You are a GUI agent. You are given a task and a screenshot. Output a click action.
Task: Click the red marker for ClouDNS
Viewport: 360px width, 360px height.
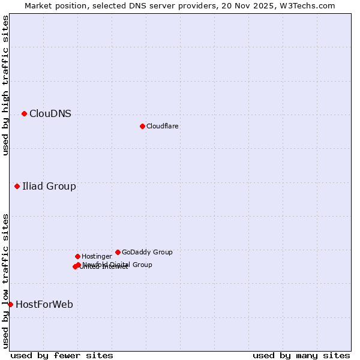tap(24, 113)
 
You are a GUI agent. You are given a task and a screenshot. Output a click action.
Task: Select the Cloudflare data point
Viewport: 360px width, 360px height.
tap(142, 126)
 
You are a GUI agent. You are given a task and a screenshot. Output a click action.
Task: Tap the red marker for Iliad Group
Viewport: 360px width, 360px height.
tap(17, 186)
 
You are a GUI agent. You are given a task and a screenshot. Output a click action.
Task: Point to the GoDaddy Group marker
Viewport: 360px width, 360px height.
tap(118, 252)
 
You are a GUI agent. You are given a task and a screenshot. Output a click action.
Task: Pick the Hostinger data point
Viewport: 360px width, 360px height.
tap(77, 256)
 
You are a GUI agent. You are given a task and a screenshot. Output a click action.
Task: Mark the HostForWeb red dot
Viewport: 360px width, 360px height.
tap(10, 304)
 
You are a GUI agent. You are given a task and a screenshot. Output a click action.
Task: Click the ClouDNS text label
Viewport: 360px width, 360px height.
tap(50, 114)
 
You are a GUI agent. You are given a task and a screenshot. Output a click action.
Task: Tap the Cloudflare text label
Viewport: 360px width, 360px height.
tap(163, 127)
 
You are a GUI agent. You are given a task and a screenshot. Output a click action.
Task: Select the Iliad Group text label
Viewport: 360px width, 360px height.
tap(49, 187)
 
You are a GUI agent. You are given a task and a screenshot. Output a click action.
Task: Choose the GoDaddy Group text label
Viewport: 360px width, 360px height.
tap(147, 253)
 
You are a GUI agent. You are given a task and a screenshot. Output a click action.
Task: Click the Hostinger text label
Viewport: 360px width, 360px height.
tap(97, 257)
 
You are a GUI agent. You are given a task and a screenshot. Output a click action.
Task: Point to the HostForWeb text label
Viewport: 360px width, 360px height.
tap(44, 305)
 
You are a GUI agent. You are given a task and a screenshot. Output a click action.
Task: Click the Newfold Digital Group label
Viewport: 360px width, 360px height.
tap(118, 265)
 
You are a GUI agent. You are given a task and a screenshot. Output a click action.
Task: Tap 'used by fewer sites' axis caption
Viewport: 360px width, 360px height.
tap(62, 355)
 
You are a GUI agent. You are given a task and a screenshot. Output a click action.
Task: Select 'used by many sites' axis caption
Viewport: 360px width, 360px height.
tap(301, 355)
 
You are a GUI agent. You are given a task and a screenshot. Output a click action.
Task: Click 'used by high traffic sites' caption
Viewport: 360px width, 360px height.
tap(5, 85)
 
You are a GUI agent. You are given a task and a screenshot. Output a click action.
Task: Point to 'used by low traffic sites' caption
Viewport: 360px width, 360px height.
tap(5, 281)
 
